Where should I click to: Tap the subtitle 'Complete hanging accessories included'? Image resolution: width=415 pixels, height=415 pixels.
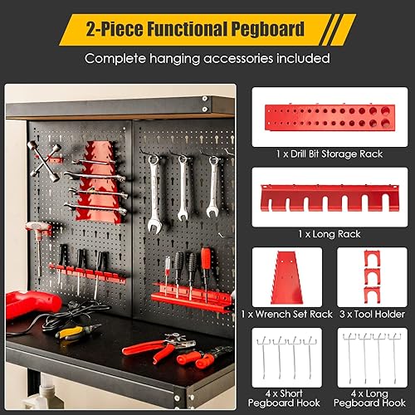click(x=207, y=59)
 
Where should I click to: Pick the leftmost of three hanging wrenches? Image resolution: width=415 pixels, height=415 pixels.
click(x=154, y=192)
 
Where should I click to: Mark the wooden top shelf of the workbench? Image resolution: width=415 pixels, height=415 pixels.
click(x=116, y=106)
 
